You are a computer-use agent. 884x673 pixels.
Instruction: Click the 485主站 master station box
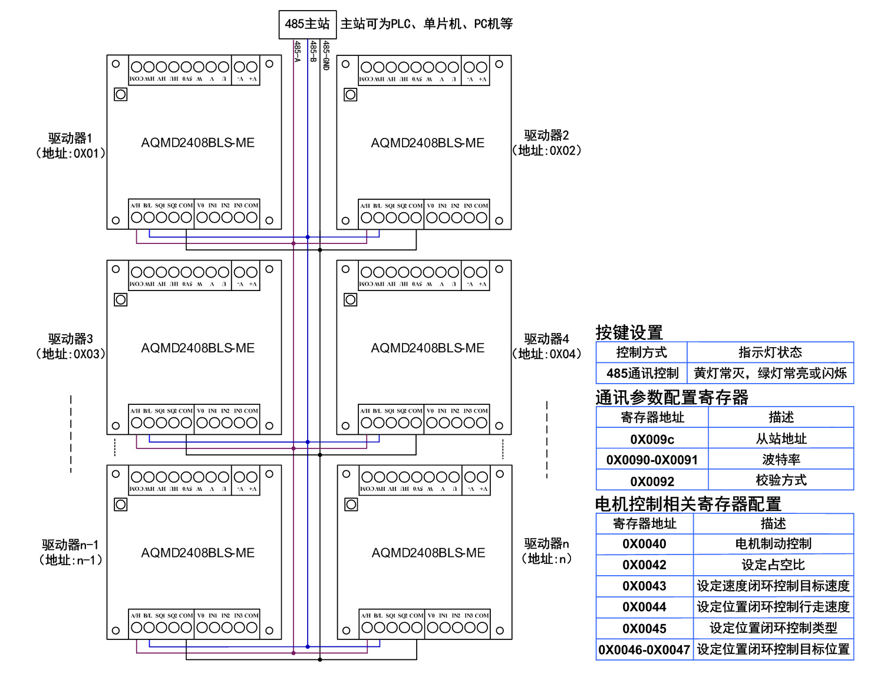click(307, 24)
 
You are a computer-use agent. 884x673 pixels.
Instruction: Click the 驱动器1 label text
click(70, 138)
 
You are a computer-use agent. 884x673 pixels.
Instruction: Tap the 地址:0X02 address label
click(547, 151)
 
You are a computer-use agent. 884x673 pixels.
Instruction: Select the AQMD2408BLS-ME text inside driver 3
click(197, 348)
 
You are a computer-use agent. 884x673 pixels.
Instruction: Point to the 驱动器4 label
click(546, 339)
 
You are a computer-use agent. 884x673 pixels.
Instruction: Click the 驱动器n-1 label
click(70, 545)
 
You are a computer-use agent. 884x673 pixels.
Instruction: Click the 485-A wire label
click(298, 52)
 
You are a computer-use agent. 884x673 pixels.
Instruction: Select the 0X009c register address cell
click(652, 439)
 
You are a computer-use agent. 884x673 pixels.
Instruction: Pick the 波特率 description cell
click(781, 460)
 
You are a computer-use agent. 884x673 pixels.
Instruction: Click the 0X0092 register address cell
click(652, 481)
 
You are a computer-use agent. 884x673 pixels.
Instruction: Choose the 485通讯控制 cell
click(642, 373)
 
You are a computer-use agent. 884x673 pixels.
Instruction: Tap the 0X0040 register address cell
click(644, 544)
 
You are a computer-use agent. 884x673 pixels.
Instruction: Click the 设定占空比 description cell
click(773, 565)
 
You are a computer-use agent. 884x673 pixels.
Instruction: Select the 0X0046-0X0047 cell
click(644, 649)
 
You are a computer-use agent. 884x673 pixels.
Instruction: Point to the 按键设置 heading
click(629, 332)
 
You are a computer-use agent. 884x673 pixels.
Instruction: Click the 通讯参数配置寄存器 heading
click(671, 397)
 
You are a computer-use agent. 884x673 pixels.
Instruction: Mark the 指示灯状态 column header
click(770, 352)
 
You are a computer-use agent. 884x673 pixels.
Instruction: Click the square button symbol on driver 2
click(351, 94)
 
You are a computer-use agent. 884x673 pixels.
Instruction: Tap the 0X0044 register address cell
click(644, 607)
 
